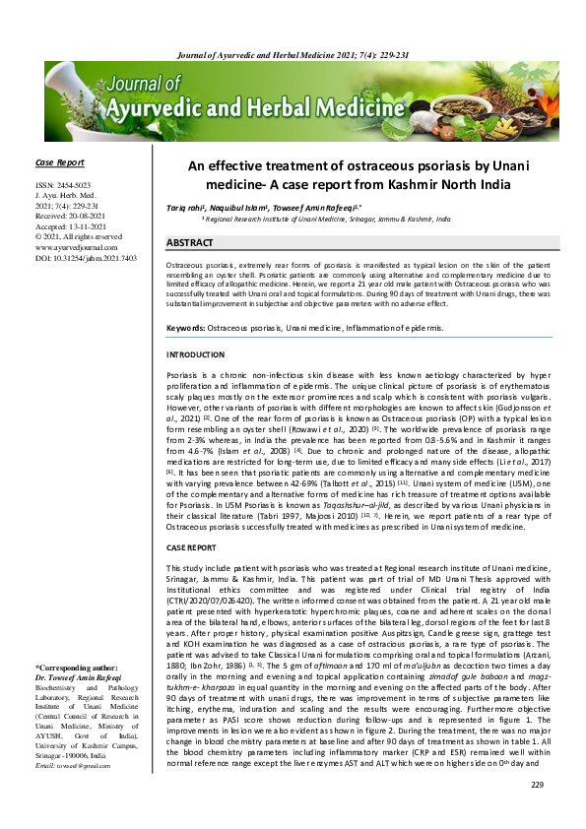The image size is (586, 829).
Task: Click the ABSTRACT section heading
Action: [x=190, y=241]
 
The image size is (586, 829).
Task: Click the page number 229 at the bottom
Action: [x=537, y=785]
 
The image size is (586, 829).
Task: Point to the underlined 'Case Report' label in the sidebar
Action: [x=58, y=162]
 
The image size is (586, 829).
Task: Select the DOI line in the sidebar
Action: [x=85, y=257]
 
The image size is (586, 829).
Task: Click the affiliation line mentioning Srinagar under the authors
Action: [x=326, y=221]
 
